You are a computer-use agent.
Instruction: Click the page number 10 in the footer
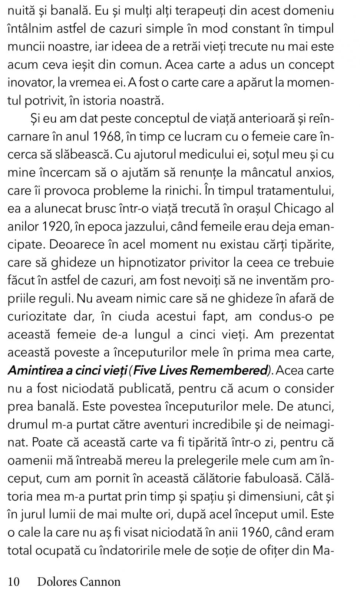click(x=14, y=582)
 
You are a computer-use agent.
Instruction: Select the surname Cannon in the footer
click(x=101, y=582)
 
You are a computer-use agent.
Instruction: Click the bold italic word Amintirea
click(x=36, y=370)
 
